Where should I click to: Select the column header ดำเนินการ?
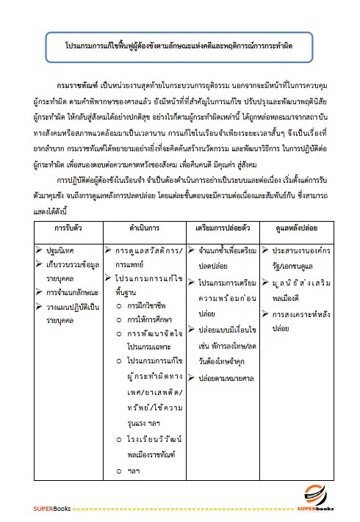pyautogui.click(x=145, y=228)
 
